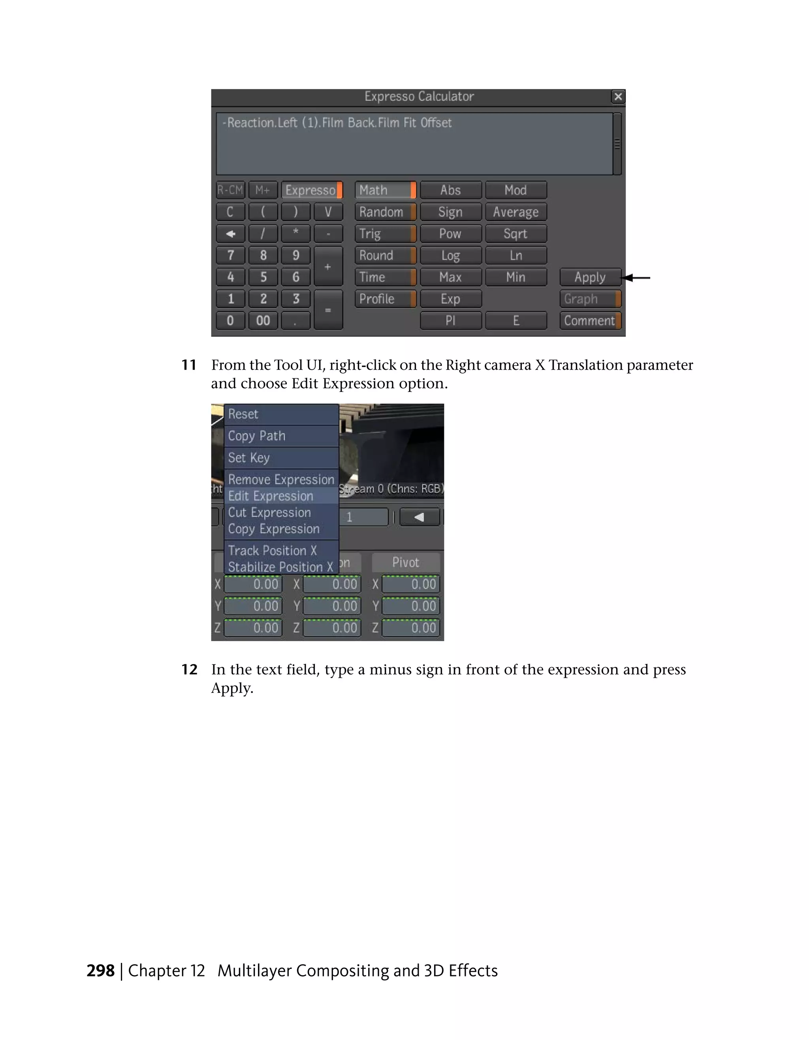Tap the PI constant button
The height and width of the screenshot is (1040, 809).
(450, 320)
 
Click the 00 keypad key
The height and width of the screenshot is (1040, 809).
(263, 320)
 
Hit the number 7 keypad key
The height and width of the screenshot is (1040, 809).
(230, 255)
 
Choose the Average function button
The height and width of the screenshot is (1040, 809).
(516, 212)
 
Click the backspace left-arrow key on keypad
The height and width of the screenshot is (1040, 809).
(230, 234)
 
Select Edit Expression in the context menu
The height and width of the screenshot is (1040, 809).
(271, 496)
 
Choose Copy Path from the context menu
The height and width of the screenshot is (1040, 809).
(257, 436)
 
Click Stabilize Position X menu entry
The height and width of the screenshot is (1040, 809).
(280, 567)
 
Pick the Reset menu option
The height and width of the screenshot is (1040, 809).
(243, 414)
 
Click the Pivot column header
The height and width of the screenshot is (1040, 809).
(406, 562)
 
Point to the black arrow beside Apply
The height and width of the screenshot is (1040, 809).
(637, 278)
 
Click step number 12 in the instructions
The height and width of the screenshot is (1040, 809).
(189, 670)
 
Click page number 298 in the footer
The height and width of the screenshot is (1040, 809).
(100, 970)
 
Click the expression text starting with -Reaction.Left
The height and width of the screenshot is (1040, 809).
(337, 123)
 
